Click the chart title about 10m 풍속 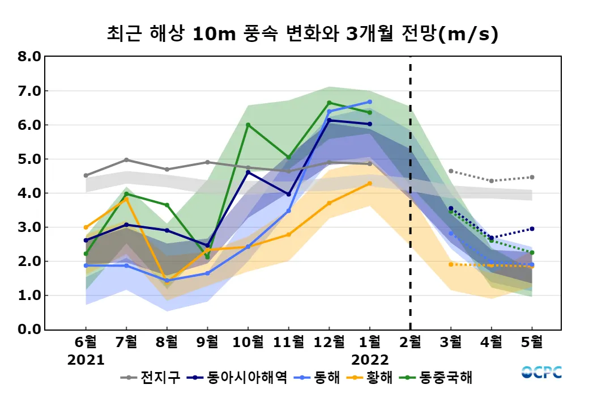click(x=302, y=33)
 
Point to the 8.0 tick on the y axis click(x=29, y=57)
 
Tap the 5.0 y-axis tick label click(x=29, y=159)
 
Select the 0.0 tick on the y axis click(x=29, y=330)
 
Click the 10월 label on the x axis click(x=247, y=342)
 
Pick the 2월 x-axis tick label click(x=410, y=342)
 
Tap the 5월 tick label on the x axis click(x=532, y=342)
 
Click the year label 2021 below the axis click(x=86, y=360)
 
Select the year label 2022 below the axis click(x=370, y=360)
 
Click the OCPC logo click(x=541, y=373)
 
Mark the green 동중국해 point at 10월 click(x=248, y=125)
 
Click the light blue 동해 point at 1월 click(x=370, y=102)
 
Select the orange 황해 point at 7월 click(x=126, y=199)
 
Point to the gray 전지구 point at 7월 click(x=126, y=160)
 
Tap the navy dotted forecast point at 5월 click(x=532, y=229)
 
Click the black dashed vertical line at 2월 click(x=410, y=193)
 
